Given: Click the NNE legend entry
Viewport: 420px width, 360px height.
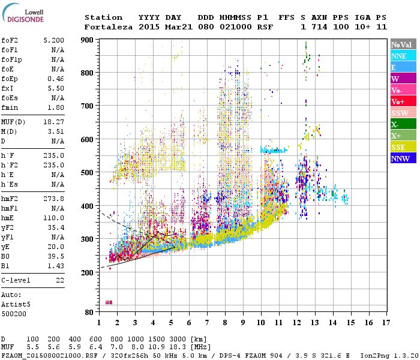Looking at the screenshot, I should coord(403,56).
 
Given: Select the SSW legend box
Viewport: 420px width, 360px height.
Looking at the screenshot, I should coord(403,113).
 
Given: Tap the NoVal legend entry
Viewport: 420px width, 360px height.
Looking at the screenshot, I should coord(403,44).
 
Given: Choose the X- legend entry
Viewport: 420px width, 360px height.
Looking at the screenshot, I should coord(403,124).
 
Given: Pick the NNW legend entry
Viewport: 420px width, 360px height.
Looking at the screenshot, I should coord(403,158).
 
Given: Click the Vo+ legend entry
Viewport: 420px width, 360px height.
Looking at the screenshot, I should coord(403,101).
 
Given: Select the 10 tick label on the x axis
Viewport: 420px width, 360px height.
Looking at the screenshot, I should coord(260,322).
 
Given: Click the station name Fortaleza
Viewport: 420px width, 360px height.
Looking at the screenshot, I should coord(109,27).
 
